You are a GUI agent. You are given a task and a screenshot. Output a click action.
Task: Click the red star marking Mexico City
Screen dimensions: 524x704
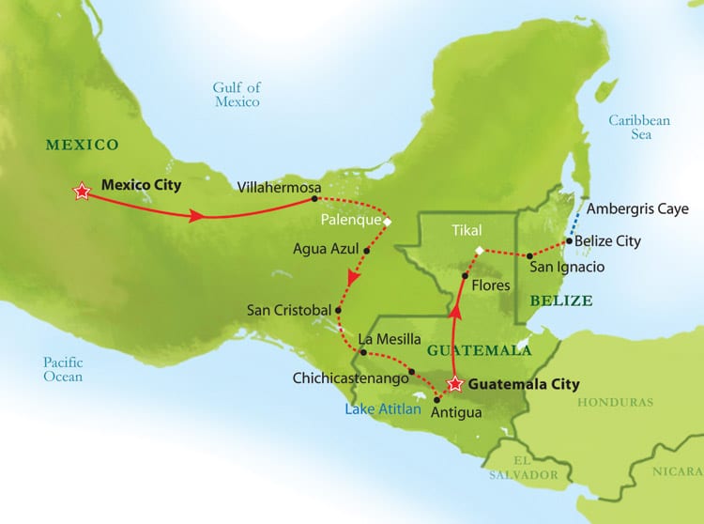pyautogui.click(x=82, y=191)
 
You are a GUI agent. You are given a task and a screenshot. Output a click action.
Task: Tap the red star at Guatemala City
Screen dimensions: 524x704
pyautogui.click(x=455, y=384)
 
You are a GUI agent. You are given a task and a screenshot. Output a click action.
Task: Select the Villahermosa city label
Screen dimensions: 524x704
pyautogui.click(x=274, y=186)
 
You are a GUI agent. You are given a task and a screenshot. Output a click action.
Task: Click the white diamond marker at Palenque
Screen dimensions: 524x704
pyautogui.click(x=387, y=222)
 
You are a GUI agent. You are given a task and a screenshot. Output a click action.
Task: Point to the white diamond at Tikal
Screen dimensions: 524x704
pyautogui.click(x=479, y=251)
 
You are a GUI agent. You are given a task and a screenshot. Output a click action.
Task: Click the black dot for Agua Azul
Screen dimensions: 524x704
pyautogui.click(x=367, y=251)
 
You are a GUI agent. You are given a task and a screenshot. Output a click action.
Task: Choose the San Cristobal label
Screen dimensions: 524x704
pyautogui.click(x=289, y=309)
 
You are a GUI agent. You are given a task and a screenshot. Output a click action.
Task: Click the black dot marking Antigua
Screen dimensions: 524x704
pyautogui.click(x=436, y=399)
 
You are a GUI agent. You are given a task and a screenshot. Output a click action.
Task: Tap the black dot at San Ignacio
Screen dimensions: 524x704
pyautogui.click(x=530, y=255)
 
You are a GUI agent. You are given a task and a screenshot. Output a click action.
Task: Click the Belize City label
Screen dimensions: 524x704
pyautogui.click(x=607, y=241)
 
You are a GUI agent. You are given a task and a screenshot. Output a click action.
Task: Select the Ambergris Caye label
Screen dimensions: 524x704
pyautogui.click(x=637, y=208)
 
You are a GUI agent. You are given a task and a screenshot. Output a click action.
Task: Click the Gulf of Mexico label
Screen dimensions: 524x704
pyautogui.click(x=236, y=94)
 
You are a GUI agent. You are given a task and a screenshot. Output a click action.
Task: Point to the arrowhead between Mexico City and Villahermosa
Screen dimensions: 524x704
pyautogui.click(x=197, y=216)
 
